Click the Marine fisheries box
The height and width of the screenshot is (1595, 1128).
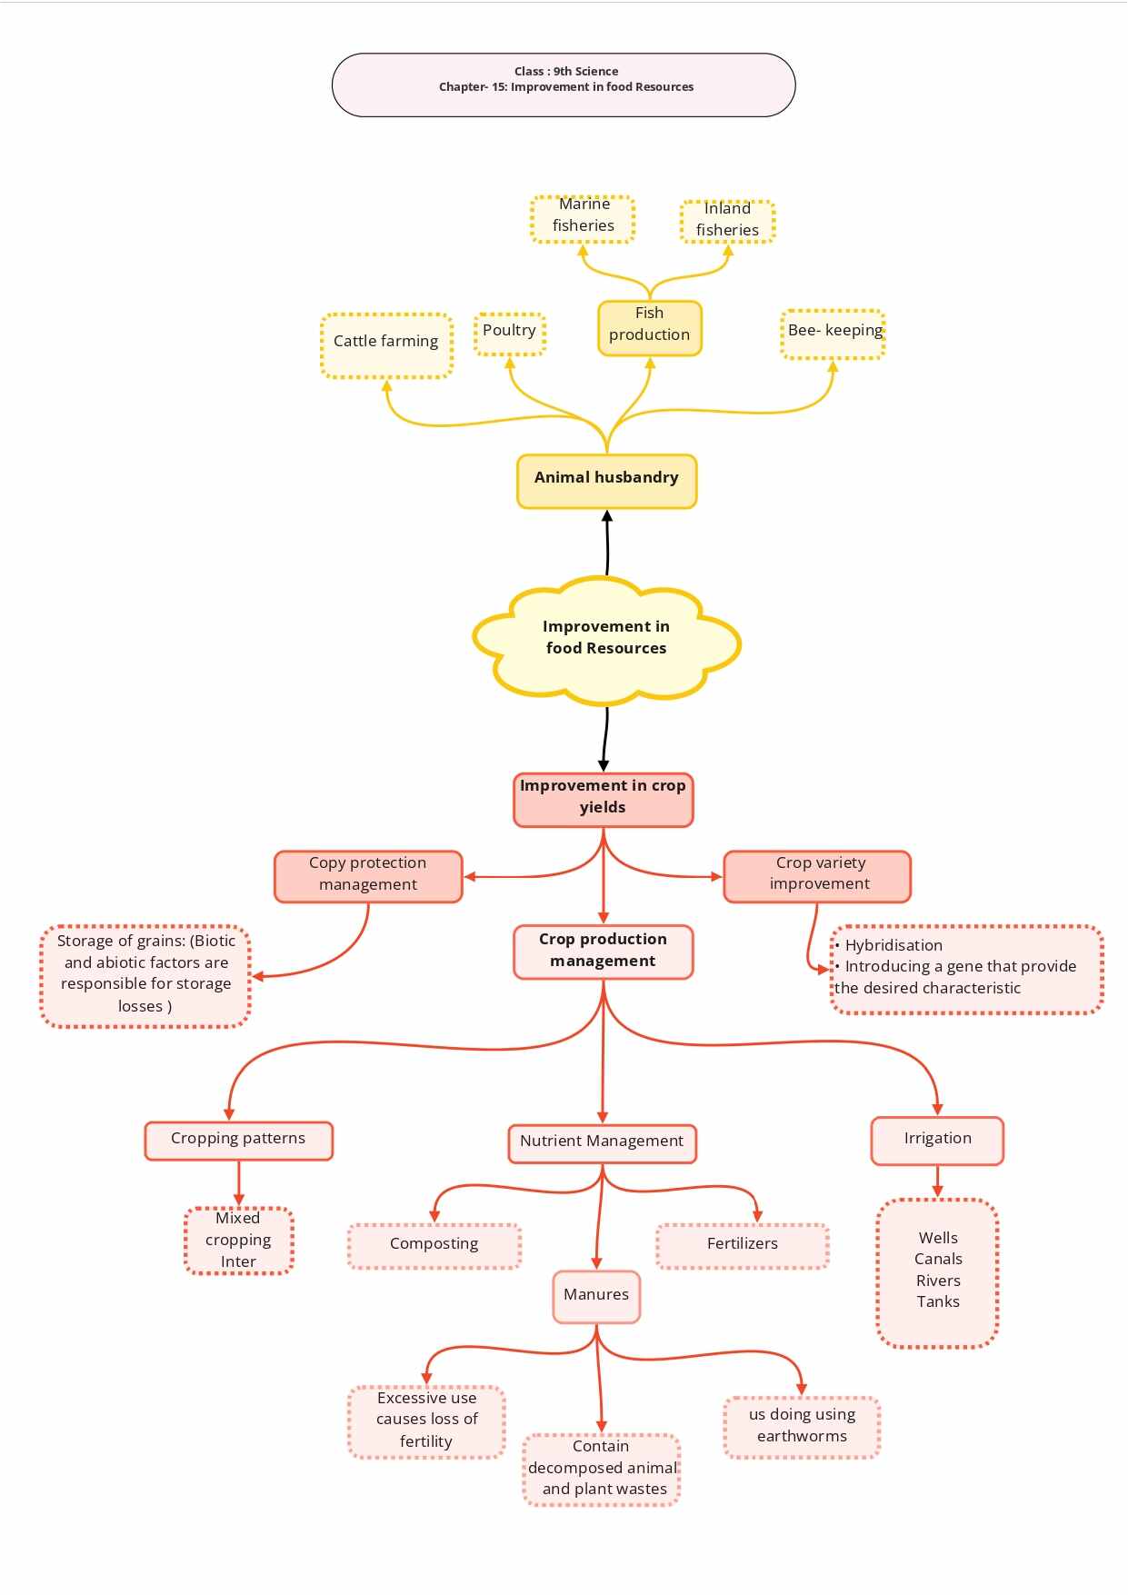[x=583, y=219]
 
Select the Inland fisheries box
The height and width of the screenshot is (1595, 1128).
[x=727, y=222]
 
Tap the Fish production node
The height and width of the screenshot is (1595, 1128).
[x=650, y=328]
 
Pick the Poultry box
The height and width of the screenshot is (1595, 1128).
[x=510, y=334]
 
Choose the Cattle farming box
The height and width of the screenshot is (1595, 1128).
[x=386, y=345]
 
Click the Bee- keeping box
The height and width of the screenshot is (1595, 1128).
[x=834, y=334]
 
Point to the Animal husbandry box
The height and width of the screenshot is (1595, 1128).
[x=607, y=482]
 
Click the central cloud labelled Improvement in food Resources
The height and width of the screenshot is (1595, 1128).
[x=606, y=641]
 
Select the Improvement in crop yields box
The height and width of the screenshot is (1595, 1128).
[x=604, y=800]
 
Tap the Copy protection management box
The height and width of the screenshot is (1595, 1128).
[x=368, y=877]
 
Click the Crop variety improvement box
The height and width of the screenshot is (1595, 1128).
[x=817, y=877]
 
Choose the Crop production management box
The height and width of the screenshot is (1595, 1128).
[x=604, y=952]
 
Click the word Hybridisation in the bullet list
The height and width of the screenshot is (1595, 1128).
[x=893, y=945]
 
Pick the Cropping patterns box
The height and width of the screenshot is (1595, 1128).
[x=239, y=1141]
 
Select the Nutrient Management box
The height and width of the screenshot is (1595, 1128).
[x=603, y=1143]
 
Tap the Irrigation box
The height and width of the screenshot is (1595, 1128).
[x=937, y=1141]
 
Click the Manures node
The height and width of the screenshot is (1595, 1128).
[x=596, y=1297]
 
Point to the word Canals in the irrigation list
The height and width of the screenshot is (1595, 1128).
[x=938, y=1259]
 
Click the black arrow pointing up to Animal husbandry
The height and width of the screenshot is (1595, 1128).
[x=607, y=543]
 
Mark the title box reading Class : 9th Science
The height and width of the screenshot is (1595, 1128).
[x=564, y=85]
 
